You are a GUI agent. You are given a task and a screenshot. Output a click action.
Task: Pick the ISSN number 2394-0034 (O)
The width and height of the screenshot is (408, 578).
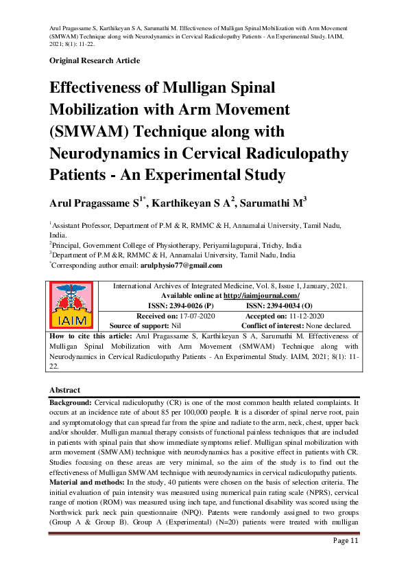tap(279, 305)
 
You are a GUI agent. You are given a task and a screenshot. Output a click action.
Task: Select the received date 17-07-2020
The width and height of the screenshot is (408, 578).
tap(197, 316)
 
